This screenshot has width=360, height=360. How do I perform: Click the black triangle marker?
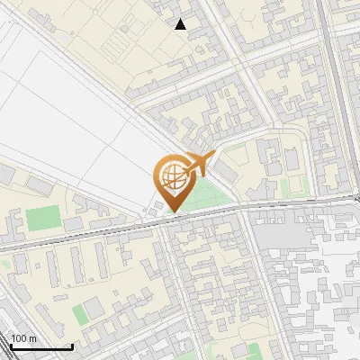(182, 25)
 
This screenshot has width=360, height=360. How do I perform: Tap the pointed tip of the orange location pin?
(173, 211)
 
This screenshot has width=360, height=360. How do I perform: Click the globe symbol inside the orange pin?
(173, 176)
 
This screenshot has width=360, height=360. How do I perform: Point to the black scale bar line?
(41, 347)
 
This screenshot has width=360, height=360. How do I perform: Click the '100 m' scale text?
(24, 338)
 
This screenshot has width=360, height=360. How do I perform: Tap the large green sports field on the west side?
(41, 219)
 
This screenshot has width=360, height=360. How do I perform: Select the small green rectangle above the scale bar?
(83, 313)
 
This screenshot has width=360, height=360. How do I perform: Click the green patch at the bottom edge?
(255, 351)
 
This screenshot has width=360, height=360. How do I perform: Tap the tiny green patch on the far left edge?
(4, 264)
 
